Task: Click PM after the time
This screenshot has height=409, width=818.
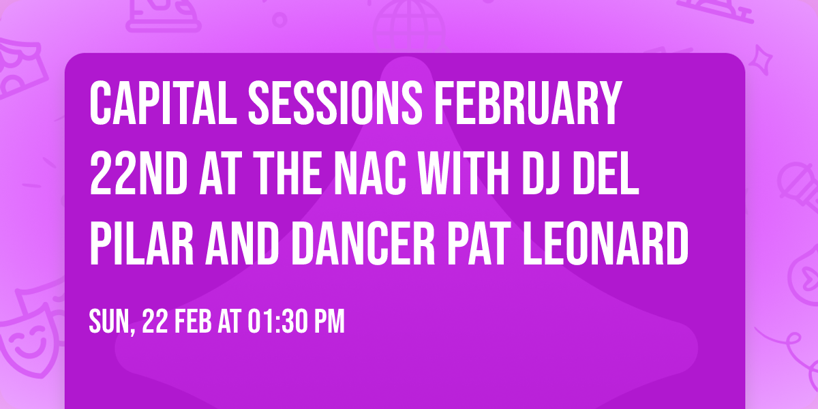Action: pyautogui.click(x=329, y=321)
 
